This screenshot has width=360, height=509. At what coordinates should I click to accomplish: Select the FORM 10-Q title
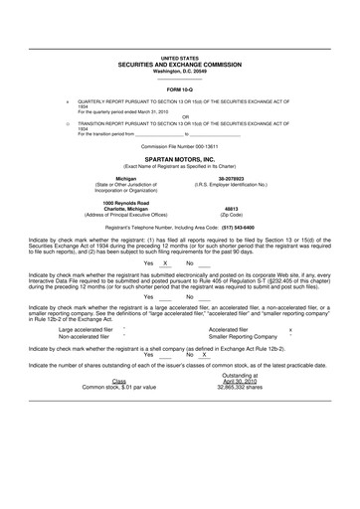point(180,89)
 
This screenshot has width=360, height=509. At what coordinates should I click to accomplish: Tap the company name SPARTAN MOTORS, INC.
point(180,158)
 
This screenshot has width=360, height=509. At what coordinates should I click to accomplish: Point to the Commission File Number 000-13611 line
point(180,145)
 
